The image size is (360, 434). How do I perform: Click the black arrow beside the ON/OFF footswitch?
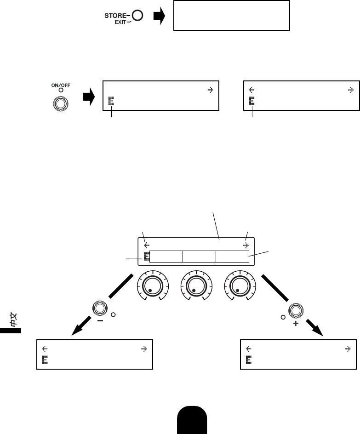click(x=88, y=97)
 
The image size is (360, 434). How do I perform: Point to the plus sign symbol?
click(x=295, y=324)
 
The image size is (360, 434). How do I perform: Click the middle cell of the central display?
click(x=199, y=257)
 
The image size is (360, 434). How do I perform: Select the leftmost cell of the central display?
click(x=166, y=257)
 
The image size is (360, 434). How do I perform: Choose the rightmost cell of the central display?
click(x=233, y=257)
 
